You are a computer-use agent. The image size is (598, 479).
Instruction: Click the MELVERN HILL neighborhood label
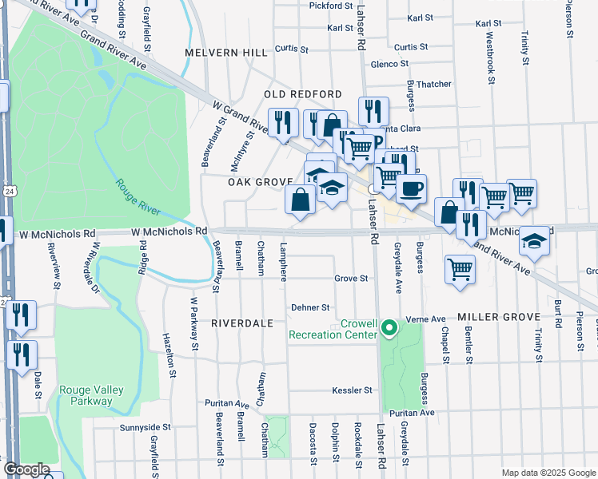226,53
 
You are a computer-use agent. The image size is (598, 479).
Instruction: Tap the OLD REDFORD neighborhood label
303,94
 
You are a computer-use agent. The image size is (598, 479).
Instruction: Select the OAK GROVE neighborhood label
260,182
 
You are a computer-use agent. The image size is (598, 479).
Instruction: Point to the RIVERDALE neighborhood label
241,323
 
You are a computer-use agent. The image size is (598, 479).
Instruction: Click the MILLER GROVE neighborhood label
500,318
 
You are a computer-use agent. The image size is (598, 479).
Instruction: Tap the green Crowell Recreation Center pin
389,327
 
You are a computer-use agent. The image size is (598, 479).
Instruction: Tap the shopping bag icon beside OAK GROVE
300,200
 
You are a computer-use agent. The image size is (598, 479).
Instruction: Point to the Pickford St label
331,6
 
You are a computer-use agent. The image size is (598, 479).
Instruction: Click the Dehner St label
310,307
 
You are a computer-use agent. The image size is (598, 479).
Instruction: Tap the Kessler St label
353,390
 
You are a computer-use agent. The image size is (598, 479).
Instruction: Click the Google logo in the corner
26,469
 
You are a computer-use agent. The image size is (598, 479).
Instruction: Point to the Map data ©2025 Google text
548,473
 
